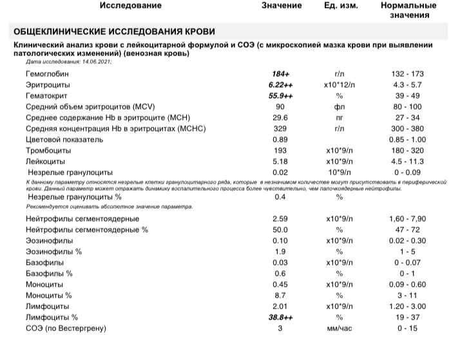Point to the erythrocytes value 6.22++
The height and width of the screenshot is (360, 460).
(280, 85)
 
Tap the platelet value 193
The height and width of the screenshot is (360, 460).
(280, 150)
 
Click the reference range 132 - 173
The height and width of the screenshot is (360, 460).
(408, 75)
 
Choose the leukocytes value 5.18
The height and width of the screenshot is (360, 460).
(280, 161)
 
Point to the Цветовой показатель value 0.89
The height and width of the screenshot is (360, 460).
(280, 139)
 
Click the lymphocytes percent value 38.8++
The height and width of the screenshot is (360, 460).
(280, 317)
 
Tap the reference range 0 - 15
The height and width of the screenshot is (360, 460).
(408, 329)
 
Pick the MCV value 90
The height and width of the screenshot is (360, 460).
(280, 106)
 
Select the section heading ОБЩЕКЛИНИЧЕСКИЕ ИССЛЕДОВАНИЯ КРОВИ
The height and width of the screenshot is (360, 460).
(115, 32)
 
